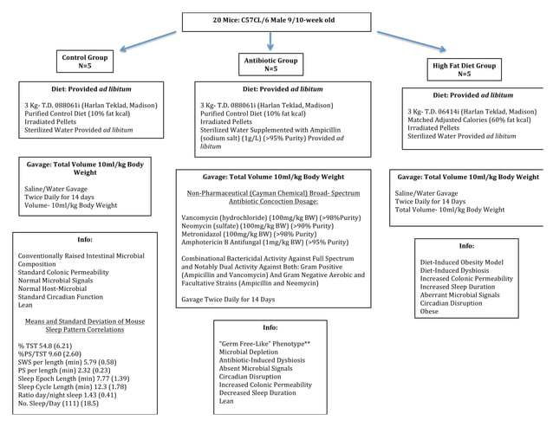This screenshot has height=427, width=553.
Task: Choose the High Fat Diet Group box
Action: click(464, 69)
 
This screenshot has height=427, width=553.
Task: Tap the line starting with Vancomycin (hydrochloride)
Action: click(265, 217)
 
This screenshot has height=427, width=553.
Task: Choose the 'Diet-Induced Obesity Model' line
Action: click(460, 262)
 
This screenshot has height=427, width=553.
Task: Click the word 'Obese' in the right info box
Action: click(430, 312)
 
